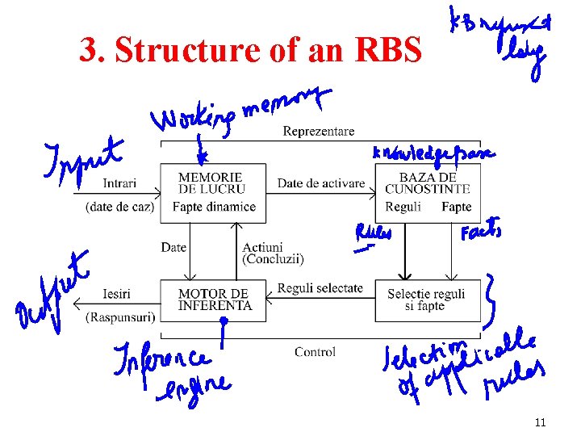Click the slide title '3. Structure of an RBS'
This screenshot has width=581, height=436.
click(x=250, y=52)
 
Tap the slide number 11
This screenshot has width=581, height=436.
click(x=540, y=421)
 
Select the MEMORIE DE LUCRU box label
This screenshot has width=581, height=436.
click(x=210, y=182)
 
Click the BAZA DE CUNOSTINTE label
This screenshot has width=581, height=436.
click(x=427, y=182)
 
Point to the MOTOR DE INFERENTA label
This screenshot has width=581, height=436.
click(x=215, y=300)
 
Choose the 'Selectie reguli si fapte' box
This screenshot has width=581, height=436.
click(x=426, y=300)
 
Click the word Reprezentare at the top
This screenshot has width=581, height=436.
click(x=318, y=132)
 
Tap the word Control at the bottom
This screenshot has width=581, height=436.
click(x=315, y=352)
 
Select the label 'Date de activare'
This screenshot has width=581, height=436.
click(x=321, y=183)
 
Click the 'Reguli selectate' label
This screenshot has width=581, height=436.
click(x=320, y=288)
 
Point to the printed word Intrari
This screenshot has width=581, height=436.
click(x=119, y=183)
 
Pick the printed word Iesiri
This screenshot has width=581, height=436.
click(x=117, y=293)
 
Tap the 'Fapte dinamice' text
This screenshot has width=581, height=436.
click(x=214, y=207)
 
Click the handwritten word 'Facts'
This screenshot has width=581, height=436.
click(x=481, y=233)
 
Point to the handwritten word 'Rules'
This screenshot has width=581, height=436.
click(x=373, y=233)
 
